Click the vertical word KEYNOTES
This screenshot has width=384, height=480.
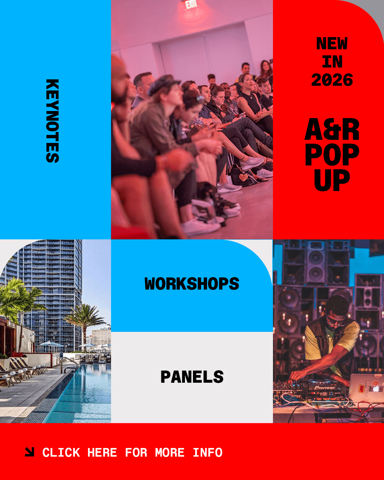point(52,121)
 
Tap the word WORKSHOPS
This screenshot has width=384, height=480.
point(192,284)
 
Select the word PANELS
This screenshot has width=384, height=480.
point(192,377)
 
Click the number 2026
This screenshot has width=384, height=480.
point(332,80)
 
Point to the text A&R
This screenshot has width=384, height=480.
point(332,129)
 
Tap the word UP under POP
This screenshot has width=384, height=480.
point(332,180)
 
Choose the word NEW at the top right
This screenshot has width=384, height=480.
point(332,43)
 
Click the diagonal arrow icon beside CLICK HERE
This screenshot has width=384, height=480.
point(29,452)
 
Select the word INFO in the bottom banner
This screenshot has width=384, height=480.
point(208,452)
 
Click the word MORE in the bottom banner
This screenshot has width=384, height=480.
point(170,452)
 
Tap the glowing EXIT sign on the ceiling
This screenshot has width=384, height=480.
point(191,4)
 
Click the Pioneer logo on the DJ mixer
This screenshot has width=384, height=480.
point(325,388)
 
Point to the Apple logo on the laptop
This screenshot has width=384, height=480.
point(376,389)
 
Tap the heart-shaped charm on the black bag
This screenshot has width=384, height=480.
point(243,177)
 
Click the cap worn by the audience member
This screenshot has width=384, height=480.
point(164,84)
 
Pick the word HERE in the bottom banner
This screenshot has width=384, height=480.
point(102,452)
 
